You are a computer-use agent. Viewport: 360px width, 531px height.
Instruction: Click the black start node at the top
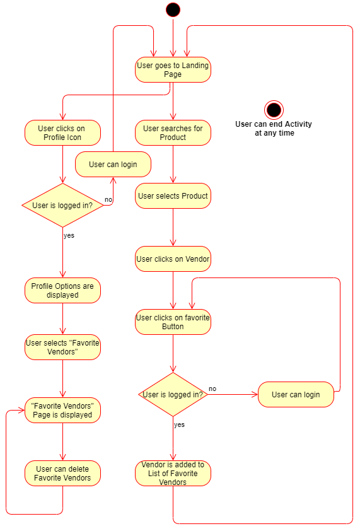pyautogui.click(x=173, y=10)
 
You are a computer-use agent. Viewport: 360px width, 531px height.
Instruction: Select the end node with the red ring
pyautogui.click(x=274, y=110)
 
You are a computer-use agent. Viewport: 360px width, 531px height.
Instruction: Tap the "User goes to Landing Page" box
pyautogui.click(x=173, y=70)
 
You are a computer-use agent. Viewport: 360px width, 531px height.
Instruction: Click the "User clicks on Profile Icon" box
pyautogui.click(x=62, y=132)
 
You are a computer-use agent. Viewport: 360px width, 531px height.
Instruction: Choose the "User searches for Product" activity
pyautogui.click(x=173, y=132)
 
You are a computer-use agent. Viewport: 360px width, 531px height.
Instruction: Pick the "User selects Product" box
pyautogui.click(x=173, y=195)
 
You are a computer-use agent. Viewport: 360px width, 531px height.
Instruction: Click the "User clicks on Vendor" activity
pyautogui.click(x=173, y=259)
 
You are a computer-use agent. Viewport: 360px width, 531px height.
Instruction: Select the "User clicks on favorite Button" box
pyautogui.click(x=173, y=322)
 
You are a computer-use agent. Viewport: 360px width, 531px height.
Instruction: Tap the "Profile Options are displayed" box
pyautogui.click(x=62, y=291)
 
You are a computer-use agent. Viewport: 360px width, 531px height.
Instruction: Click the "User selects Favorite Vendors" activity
pyautogui.click(x=62, y=347)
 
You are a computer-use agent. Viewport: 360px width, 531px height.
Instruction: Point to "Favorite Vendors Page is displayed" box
pyautogui.click(x=62, y=410)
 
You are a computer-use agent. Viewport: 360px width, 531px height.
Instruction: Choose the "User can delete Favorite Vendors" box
pyautogui.click(x=62, y=474)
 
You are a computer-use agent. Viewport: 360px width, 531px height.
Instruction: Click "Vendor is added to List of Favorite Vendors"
pyautogui.click(x=173, y=474)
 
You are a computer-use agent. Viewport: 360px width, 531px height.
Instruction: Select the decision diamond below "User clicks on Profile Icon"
pyautogui.click(x=62, y=205)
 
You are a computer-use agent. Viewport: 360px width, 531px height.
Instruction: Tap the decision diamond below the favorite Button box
pyautogui.click(x=173, y=395)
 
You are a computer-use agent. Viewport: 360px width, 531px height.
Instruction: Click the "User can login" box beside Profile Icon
pyautogui.click(x=113, y=164)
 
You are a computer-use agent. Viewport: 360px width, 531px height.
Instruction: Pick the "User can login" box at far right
pyautogui.click(x=296, y=395)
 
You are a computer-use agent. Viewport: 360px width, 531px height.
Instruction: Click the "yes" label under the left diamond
pyautogui.click(x=69, y=235)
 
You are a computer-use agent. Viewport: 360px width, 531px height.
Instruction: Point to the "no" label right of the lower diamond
pyautogui.click(x=212, y=388)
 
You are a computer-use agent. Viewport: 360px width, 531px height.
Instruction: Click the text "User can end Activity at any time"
pyautogui.click(x=274, y=129)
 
